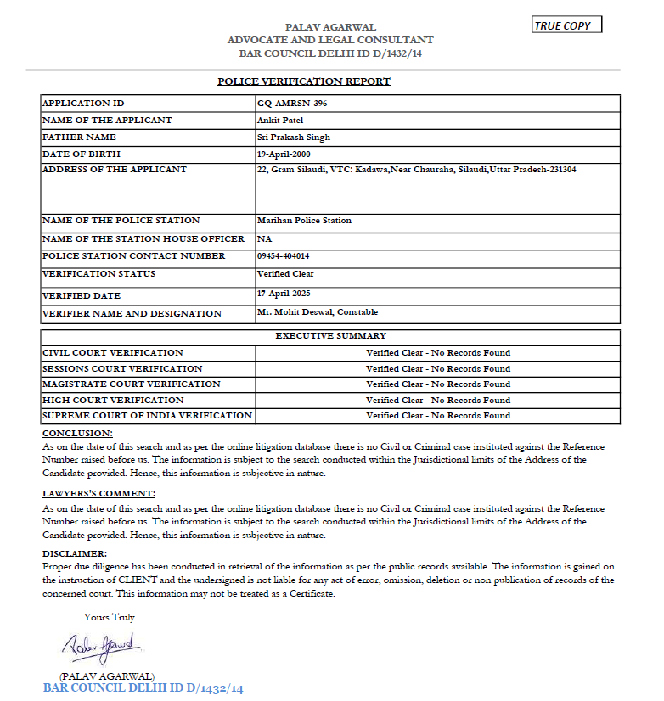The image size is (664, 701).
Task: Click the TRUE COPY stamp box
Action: click(566, 25)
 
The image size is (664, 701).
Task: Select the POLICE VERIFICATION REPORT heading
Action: click(304, 81)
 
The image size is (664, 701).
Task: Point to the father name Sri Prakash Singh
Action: click(293, 137)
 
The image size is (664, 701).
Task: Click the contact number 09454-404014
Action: click(283, 256)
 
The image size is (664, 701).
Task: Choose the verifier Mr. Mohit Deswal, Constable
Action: click(318, 312)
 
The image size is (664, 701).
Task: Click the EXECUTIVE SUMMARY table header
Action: click(330, 336)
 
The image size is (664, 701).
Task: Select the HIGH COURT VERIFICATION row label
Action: click(112, 400)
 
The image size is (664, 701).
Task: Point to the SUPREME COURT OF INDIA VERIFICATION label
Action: click(147, 416)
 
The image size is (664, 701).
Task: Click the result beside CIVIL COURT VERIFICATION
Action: click(438, 352)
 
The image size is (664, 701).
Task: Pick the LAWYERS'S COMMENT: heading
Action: click(98, 493)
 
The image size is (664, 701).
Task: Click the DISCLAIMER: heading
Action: click(76, 553)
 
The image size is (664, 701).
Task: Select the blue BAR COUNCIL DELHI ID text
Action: click(143, 688)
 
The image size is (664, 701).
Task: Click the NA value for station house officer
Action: click(264, 239)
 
